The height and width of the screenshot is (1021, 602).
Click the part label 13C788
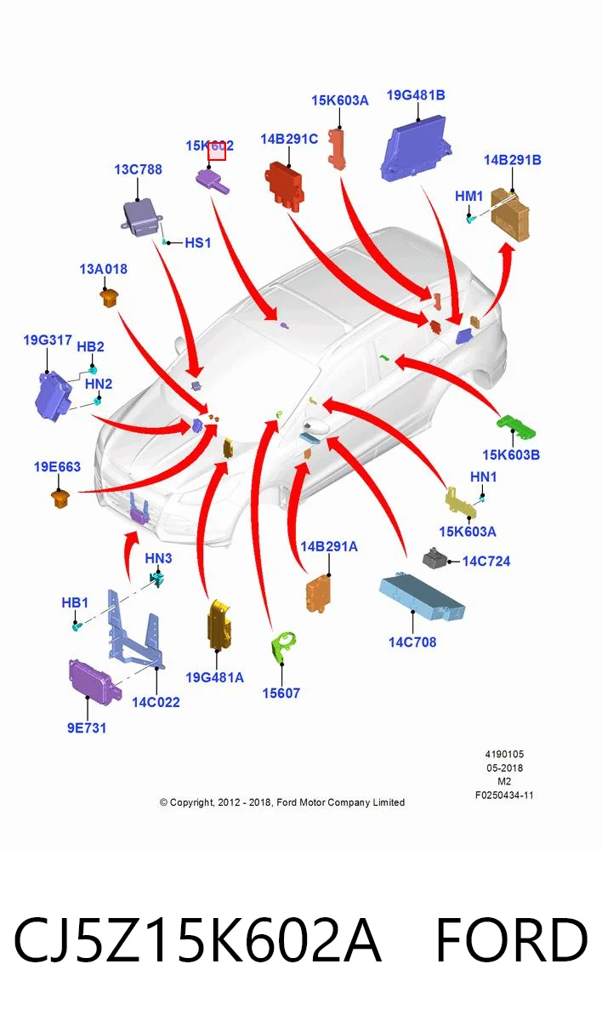(138, 169)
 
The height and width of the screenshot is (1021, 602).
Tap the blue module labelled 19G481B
(415, 149)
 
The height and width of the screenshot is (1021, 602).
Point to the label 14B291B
(512, 160)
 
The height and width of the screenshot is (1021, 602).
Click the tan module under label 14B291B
(510, 214)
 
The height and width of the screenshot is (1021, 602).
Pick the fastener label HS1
(198, 243)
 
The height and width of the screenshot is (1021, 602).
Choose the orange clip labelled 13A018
(110, 298)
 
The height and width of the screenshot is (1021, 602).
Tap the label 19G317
(48, 340)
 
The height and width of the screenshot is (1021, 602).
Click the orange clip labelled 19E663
(60, 499)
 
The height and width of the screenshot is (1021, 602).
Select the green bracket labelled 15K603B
(515, 427)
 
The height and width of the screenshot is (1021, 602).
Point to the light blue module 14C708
(422, 596)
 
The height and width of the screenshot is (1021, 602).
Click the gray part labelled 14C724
(434, 558)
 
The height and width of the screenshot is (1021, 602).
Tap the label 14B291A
(329, 546)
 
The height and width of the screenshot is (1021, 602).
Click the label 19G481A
(214, 678)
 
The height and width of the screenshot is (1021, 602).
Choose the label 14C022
(156, 703)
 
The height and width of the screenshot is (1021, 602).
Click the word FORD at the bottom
(511, 940)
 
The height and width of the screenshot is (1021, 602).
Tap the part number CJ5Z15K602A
(197, 940)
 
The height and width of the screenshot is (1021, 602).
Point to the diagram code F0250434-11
(504, 796)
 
